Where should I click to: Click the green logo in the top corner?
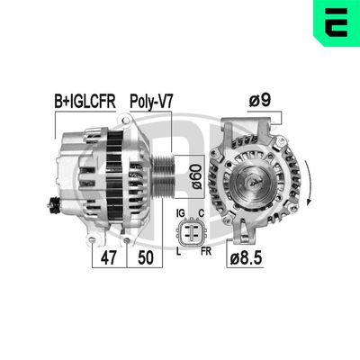coord(335,22)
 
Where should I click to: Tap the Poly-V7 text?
coord(150,102)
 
